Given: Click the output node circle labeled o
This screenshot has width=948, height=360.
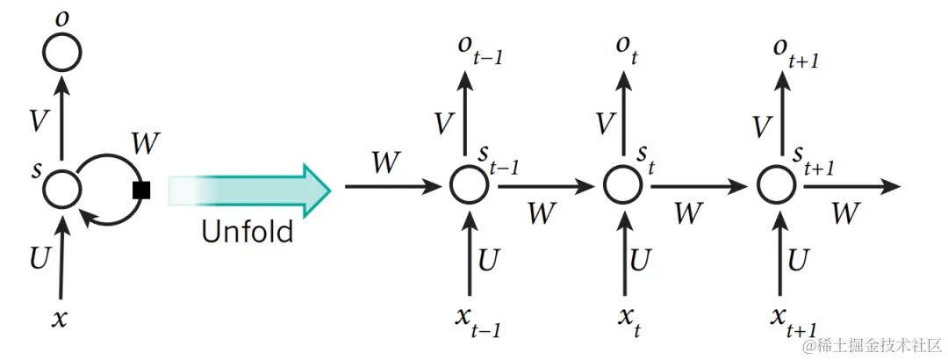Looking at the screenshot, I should tap(62, 54).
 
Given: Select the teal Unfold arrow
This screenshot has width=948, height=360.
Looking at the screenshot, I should tap(250, 188).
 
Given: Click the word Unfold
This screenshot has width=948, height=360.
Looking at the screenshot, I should tap(247, 232).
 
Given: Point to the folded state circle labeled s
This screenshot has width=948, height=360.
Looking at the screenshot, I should tap(62, 187).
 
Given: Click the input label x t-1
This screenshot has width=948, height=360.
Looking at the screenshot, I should tap(478, 321).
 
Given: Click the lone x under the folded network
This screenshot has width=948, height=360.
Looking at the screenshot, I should tap(60, 318).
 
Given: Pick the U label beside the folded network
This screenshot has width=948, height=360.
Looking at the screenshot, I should tap(39, 258).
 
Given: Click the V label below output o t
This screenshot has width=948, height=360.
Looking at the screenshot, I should tap(604, 126).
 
